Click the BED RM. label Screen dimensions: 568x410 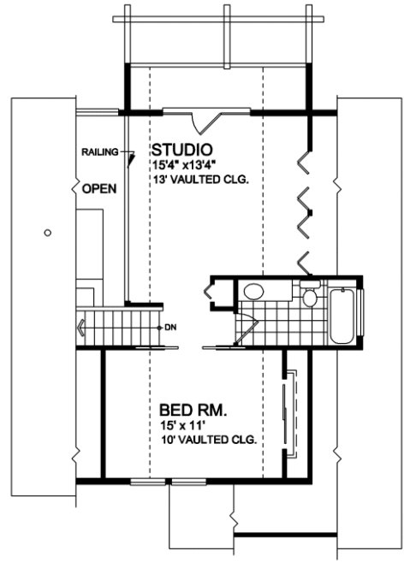tap(193, 410)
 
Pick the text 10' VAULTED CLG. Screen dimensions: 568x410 tap(210, 440)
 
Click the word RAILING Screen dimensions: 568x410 tap(98, 151)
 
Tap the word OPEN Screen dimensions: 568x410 tap(98, 187)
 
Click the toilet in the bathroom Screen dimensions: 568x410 tap(309, 298)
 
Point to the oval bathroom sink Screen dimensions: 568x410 tap(255, 292)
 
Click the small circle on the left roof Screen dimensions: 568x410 tap(48, 231)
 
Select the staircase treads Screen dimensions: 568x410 tap(120, 327)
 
